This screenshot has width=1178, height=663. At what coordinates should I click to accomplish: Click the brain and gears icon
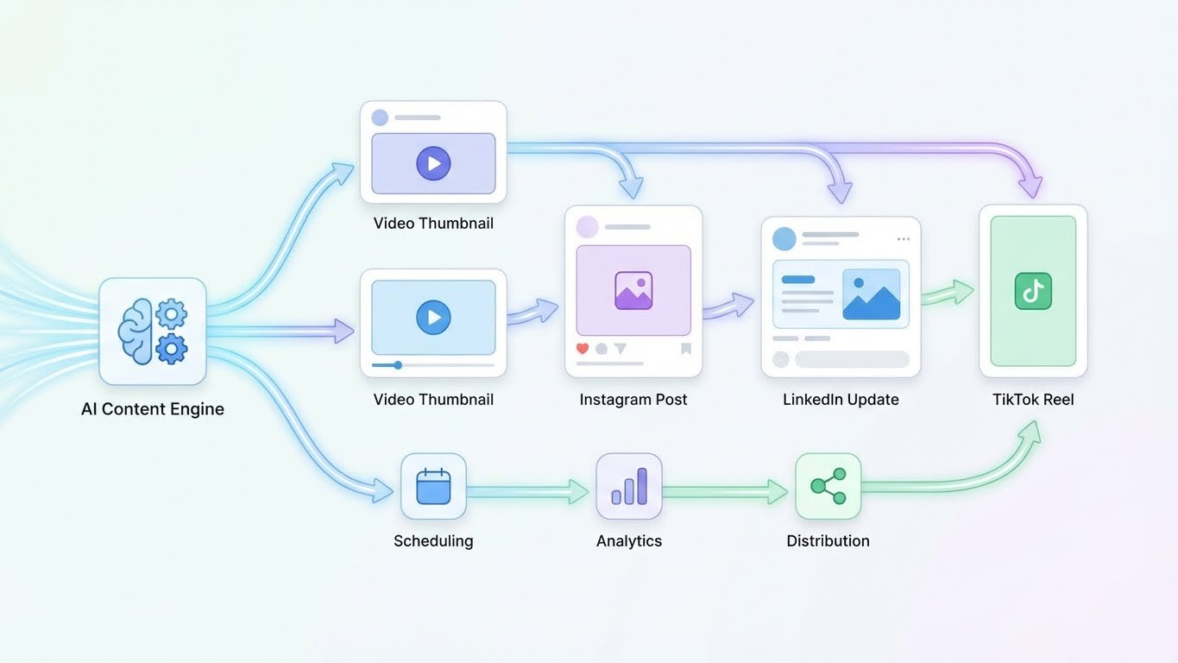[153, 331]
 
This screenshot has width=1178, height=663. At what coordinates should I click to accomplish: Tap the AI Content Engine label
[153, 409]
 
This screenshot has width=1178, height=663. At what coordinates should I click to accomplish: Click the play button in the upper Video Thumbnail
[433, 162]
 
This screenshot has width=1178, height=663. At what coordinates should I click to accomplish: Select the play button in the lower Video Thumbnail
[433, 318]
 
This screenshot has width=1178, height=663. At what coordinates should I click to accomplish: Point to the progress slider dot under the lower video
[398, 365]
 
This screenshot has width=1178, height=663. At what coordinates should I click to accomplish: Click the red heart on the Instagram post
[583, 349]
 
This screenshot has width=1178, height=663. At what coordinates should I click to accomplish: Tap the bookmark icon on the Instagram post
[686, 349]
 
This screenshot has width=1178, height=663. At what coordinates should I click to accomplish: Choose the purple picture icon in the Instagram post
[633, 291]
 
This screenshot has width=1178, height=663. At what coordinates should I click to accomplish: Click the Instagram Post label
[633, 400]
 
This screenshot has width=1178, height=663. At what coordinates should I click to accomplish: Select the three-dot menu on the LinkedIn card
[904, 239]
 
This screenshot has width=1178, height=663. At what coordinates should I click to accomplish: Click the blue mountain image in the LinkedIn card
[871, 294]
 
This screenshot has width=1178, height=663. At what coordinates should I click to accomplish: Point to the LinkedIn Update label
[841, 400]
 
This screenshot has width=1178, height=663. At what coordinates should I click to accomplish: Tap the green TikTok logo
[1033, 291]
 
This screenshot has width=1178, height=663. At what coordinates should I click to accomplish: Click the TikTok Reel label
[1033, 400]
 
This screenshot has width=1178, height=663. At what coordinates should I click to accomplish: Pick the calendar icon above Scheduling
[433, 486]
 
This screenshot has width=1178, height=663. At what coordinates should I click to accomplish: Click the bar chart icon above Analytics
[629, 486]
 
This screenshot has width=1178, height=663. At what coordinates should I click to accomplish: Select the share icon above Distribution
[828, 486]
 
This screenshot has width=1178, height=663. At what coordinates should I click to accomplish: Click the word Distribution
[828, 541]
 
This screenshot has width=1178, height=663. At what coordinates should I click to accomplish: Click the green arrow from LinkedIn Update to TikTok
[948, 294]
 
